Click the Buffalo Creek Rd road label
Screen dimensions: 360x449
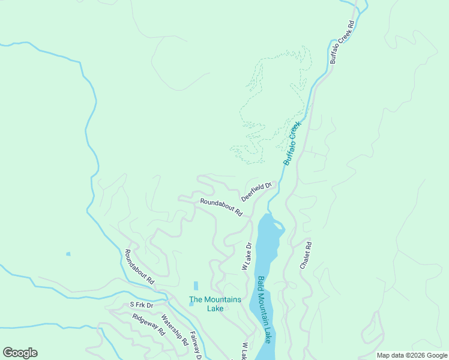point(343,43)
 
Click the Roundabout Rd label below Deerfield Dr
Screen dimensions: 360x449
point(221,208)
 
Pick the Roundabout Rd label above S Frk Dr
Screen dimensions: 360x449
point(139,267)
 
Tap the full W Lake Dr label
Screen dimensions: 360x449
point(247,256)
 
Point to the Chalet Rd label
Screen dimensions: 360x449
point(307,255)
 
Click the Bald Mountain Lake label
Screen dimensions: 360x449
point(265,309)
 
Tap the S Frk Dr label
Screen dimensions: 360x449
point(142,305)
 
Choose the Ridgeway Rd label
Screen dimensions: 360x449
point(149,325)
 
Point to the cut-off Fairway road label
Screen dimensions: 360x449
point(195,346)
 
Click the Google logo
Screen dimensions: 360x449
point(20,353)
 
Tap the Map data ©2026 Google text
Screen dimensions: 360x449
point(412,355)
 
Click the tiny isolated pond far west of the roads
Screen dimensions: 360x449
point(68,254)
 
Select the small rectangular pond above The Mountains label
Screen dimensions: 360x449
point(196,286)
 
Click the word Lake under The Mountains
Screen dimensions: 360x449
point(215,308)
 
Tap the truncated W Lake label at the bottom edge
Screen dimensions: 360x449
point(244,352)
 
